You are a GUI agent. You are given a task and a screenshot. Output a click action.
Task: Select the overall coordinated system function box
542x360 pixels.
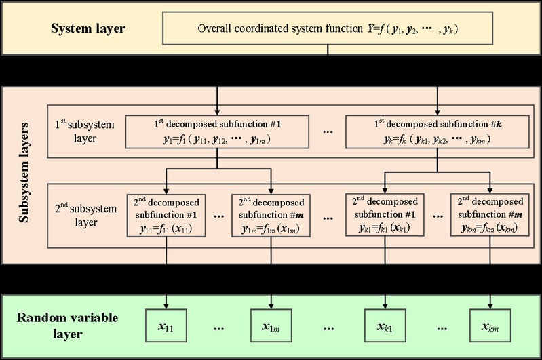click(x=329, y=28)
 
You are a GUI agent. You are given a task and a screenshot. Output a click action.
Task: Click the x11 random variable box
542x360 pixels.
click(x=166, y=327)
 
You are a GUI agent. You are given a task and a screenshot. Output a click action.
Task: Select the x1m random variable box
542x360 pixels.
click(x=271, y=327)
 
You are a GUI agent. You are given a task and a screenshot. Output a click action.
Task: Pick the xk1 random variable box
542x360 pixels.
click(x=385, y=327)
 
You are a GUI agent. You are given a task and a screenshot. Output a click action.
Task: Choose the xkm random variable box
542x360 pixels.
click(x=490, y=327)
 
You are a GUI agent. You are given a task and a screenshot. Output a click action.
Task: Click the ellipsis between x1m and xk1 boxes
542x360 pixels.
click(x=328, y=328)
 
